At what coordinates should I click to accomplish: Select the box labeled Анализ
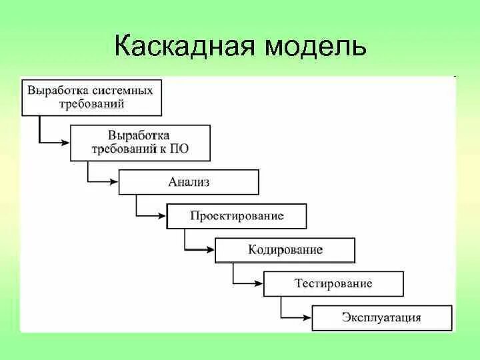(x=189, y=181)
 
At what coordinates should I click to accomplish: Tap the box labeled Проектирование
(x=237, y=216)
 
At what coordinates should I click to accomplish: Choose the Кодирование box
(x=285, y=250)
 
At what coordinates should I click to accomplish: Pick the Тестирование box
(x=333, y=283)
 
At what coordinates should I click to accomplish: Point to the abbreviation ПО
(x=179, y=149)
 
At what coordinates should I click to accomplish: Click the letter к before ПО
(x=162, y=149)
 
